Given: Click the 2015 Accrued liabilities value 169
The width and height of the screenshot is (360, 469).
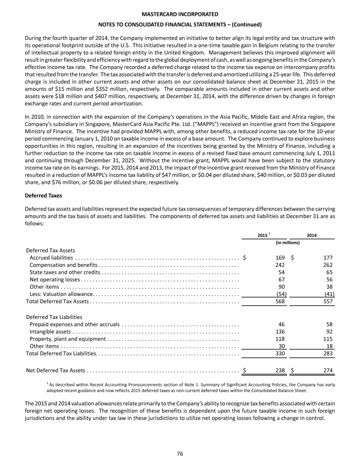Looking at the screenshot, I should point(280,257).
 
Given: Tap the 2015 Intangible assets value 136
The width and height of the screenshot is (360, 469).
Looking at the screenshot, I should point(280,332).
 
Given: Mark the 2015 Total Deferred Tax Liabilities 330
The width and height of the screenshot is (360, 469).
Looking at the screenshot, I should point(280,354).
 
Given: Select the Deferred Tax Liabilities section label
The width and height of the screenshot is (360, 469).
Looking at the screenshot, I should point(54,317).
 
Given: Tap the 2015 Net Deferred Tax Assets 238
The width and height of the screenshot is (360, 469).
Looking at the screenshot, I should point(280,370).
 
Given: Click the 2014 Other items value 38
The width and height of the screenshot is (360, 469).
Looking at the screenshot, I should point(328,287).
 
